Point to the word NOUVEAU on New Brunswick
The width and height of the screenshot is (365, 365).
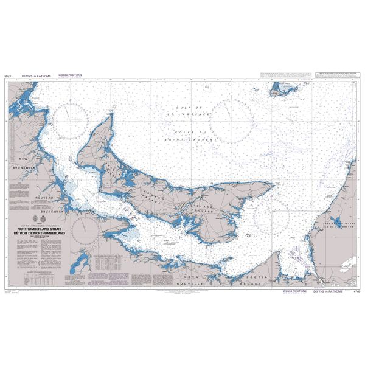(x=45, y=199)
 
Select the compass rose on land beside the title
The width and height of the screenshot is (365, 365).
(x=84, y=230)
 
